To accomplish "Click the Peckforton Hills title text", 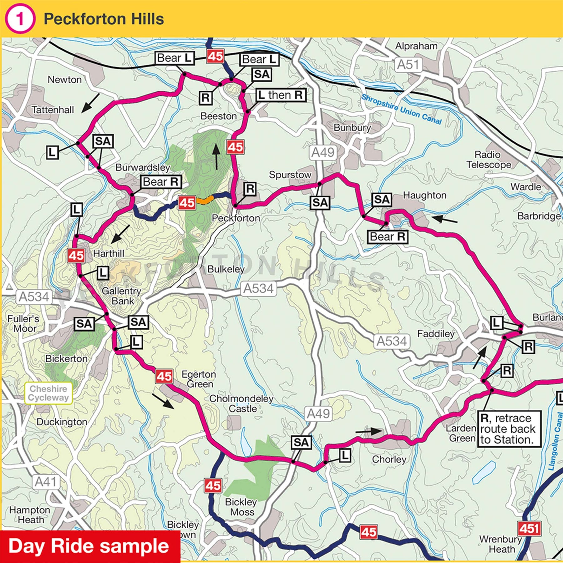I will [104, 19].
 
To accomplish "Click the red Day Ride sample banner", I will [89, 546].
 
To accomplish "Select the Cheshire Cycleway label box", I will [48, 393].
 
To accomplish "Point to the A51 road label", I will [408, 65].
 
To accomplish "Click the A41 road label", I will [46, 482].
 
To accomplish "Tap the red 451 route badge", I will [529, 529].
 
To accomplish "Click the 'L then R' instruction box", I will [281, 95].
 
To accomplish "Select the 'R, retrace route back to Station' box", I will [509, 429].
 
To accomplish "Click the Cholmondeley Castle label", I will [241, 403].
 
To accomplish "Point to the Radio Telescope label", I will [489, 160].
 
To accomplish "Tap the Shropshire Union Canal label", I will [402, 109].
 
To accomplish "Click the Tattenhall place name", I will [53, 110].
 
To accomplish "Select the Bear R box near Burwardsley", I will [161, 182].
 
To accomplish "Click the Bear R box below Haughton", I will [388, 237].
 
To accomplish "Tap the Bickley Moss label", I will [241, 507].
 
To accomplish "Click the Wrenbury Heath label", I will [501, 544].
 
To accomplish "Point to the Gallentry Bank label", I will [122, 296].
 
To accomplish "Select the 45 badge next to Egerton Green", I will [164, 376].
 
